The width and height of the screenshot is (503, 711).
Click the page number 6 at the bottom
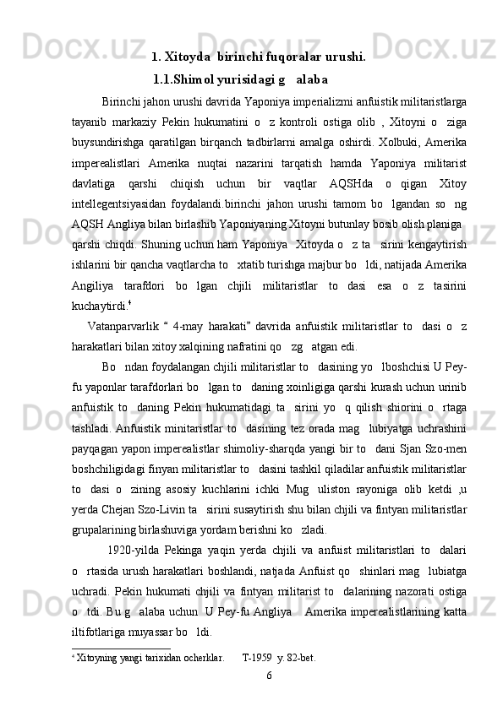point(268,676)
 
